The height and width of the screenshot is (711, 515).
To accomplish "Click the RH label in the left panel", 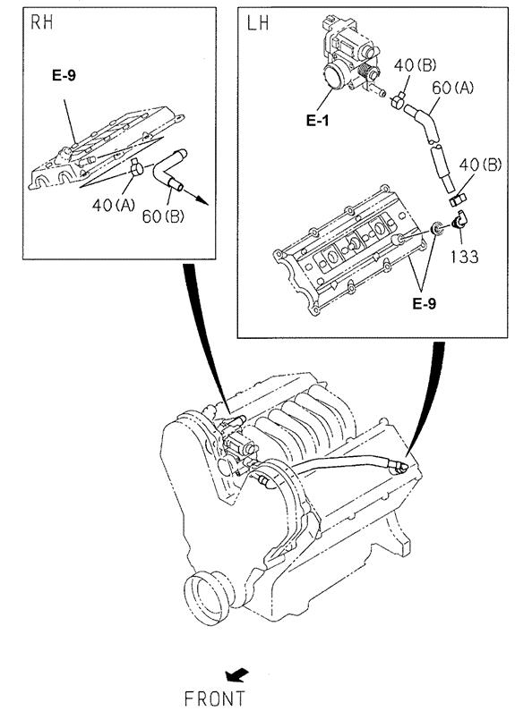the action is click(42, 22).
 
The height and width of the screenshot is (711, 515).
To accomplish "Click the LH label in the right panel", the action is click(258, 22).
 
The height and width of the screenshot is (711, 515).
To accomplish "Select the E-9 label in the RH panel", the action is click(64, 75).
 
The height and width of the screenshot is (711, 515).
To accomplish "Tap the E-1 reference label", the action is click(317, 120).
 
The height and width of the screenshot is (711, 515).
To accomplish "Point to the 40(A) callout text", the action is click(114, 206).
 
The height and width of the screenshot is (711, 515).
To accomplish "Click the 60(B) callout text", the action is click(163, 216).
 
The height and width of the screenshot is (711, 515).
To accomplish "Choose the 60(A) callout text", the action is click(453, 88).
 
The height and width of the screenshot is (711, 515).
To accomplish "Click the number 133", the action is click(465, 257).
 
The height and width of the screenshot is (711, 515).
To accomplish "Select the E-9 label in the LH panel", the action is click(425, 303).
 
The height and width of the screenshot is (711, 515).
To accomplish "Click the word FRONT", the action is click(215, 699).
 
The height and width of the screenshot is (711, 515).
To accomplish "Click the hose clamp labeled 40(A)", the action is click(136, 168).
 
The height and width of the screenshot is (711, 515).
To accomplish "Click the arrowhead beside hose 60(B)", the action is click(203, 200).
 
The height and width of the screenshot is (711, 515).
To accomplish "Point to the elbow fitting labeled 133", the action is click(459, 220).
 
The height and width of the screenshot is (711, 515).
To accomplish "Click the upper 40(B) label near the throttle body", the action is click(415, 65).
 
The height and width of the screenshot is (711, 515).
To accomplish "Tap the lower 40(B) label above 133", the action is click(480, 165).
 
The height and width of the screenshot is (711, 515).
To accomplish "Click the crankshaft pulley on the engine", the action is click(208, 597).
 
